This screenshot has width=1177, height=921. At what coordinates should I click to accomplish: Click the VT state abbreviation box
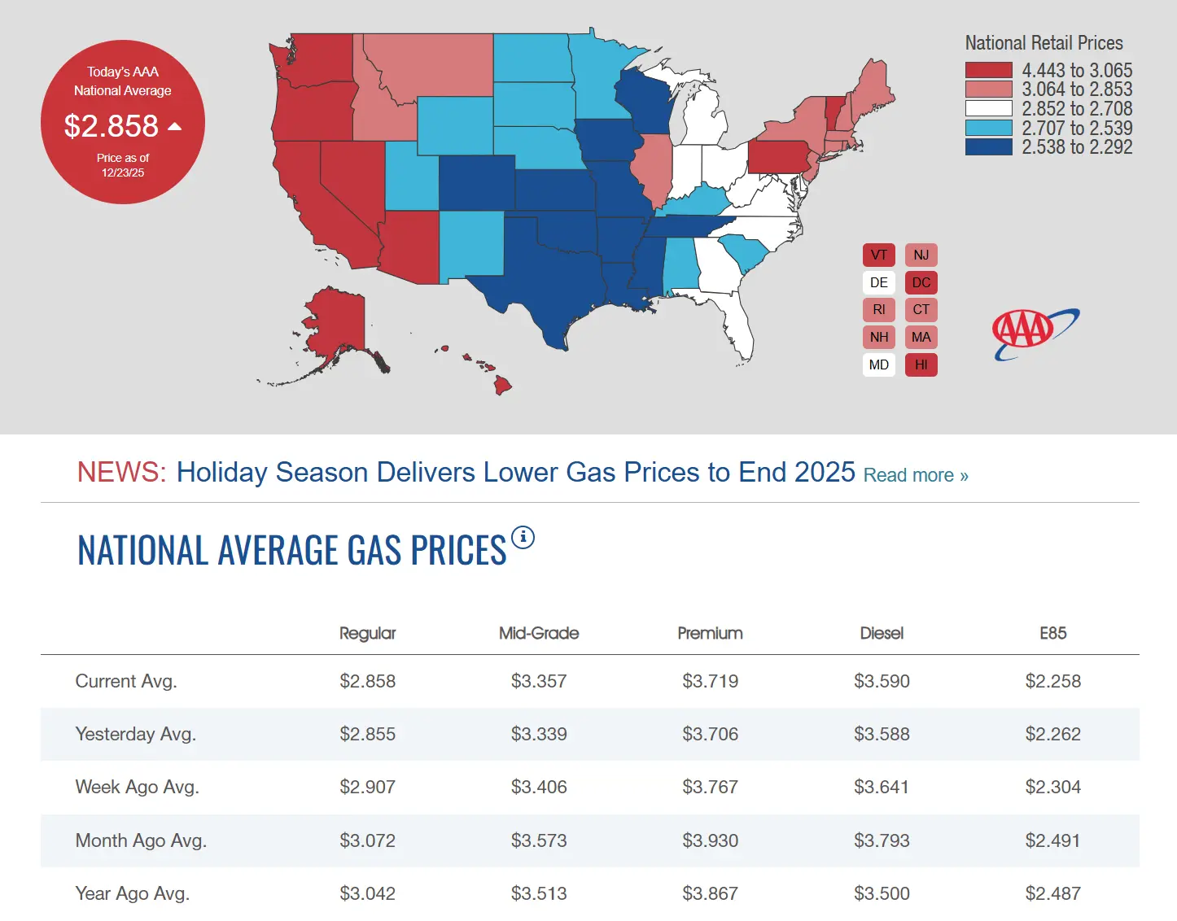pyautogui.click(x=879, y=255)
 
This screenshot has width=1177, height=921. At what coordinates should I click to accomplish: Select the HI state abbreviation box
pyautogui.click(x=921, y=364)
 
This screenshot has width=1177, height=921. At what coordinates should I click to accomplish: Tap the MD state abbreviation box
pyautogui.click(x=879, y=364)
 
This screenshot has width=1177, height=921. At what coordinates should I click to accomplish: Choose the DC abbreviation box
pyautogui.click(x=921, y=282)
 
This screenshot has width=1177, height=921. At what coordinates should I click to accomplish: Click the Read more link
pyautogui.click(x=916, y=475)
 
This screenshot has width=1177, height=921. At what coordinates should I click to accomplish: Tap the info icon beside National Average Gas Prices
pyautogui.click(x=523, y=537)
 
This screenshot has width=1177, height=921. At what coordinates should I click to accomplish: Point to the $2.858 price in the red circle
pyautogui.click(x=112, y=126)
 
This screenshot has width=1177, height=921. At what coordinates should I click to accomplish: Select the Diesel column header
pyautogui.click(x=882, y=633)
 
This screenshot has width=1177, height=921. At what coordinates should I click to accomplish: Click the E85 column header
pyautogui.click(x=1052, y=633)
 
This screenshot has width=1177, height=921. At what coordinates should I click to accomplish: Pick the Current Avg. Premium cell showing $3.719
pyautogui.click(x=710, y=681)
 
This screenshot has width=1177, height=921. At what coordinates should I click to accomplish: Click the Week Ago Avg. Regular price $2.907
pyautogui.click(x=367, y=787)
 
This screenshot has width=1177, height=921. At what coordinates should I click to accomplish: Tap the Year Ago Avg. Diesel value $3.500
pyautogui.click(x=882, y=893)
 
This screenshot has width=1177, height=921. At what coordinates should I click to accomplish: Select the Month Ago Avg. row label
pyautogui.click(x=141, y=840)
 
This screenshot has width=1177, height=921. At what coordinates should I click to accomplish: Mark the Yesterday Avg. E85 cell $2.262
pyautogui.click(x=1052, y=734)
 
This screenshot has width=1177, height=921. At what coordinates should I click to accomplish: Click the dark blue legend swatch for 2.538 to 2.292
pyautogui.click(x=988, y=147)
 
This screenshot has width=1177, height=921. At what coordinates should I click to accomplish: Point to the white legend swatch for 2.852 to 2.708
pyautogui.click(x=988, y=108)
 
